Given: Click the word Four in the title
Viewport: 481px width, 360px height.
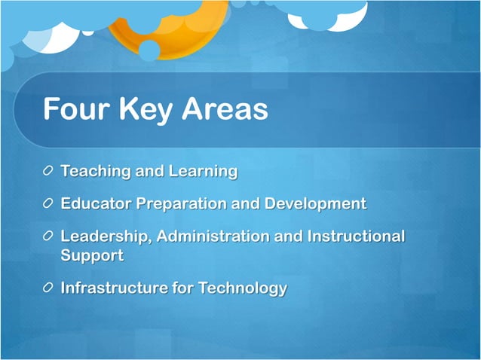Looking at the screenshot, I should pos(75,110).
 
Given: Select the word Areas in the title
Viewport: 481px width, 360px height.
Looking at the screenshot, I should pos(225,110).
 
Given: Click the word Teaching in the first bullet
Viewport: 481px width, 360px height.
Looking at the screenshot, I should pos(95,172).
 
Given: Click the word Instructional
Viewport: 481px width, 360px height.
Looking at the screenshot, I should pos(356,236).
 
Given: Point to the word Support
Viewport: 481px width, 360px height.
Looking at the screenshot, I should pos(92,255).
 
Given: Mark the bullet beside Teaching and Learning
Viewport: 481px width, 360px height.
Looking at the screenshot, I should pos(49,172).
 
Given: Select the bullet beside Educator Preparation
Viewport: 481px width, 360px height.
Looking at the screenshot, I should pos(49,204).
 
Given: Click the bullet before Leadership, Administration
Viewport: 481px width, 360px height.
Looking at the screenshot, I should pos(49,236).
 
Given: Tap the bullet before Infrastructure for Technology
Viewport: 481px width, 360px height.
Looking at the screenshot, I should pos(49,288).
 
